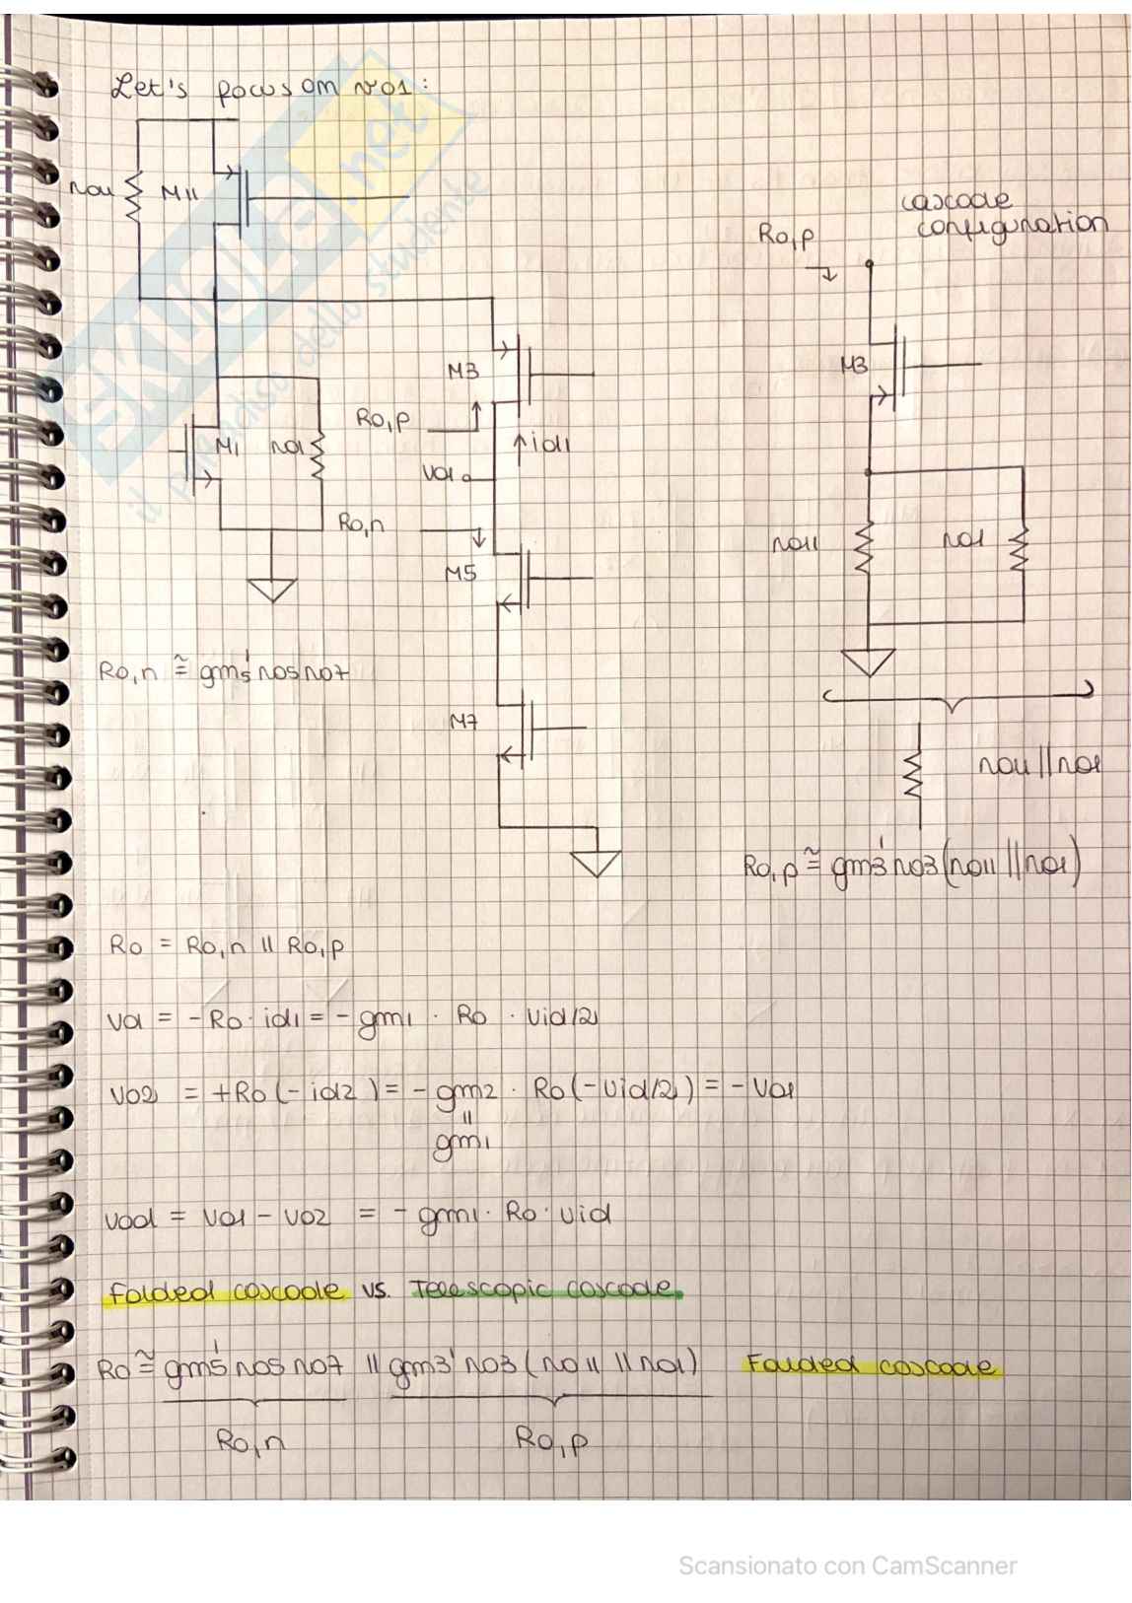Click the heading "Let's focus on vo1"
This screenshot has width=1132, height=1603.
pyautogui.click(x=271, y=89)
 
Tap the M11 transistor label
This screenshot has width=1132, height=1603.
pyautogui.click(x=179, y=194)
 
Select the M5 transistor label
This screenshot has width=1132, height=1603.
pyautogui.click(x=460, y=573)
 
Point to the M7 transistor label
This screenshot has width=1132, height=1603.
pyautogui.click(x=463, y=723)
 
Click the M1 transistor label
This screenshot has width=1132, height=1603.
pyautogui.click(x=227, y=449)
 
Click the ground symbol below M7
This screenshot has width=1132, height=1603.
pyautogui.click(x=597, y=863)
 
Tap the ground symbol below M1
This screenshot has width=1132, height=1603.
pyautogui.click(x=272, y=590)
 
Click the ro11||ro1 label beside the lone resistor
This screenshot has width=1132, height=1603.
pyautogui.click(x=1038, y=765)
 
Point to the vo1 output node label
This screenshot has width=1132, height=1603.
pyautogui.click(x=440, y=474)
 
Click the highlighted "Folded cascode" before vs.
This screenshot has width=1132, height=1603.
pyautogui.click(x=227, y=1291)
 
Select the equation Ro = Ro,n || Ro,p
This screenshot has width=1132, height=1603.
pyautogui.click(x=227, y=946)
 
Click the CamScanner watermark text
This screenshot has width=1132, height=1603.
pyautogui.click(x=847, y=1565)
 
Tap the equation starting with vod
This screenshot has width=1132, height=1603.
pyautogui.click(x=358, y=1217)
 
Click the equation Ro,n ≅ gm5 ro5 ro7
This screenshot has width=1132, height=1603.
pyautogui.click(x=223, y=673)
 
